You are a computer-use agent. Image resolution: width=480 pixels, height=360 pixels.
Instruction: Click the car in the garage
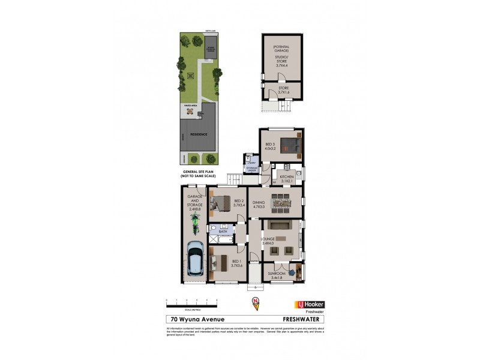tap(194, 259)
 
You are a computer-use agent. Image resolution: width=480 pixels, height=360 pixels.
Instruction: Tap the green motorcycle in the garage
tap(194, 224)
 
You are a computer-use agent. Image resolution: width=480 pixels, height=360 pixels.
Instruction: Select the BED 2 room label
tap(238, 203)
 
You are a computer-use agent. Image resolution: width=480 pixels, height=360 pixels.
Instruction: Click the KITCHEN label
tap(287, 178)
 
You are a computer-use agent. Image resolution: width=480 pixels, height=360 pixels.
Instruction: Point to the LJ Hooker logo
tap(309, 304)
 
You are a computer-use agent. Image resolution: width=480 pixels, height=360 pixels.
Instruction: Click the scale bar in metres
tap(187, 299)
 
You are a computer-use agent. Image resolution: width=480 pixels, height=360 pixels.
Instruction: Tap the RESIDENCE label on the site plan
tap(199, 134)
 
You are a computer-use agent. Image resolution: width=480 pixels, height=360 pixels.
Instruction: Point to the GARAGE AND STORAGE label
tap(194, 203)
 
